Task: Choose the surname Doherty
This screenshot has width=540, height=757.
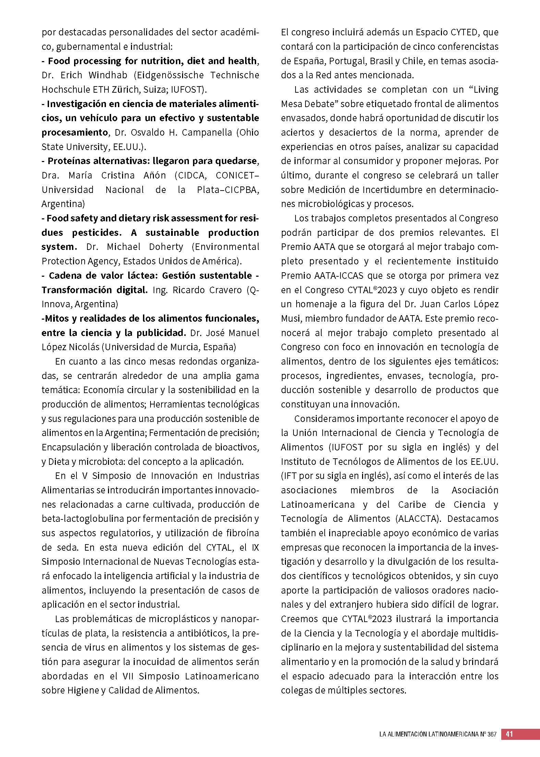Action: tap(166, 247)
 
